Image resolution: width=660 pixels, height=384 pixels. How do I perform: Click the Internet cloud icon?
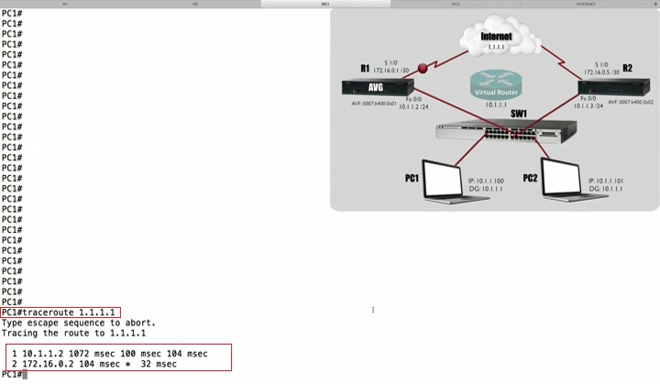tap(496, 40)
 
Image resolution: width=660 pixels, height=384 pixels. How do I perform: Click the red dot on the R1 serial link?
tap(423, 67)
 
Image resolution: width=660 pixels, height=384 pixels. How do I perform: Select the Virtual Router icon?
tap(494, 85)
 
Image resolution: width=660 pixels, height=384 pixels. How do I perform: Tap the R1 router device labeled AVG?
tap(375, 87)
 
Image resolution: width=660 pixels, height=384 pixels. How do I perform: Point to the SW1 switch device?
tap(496, 133)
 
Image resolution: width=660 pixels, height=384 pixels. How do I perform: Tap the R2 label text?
tap(627, 69)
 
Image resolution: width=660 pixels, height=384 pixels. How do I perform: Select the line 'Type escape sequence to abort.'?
tap(78, 323)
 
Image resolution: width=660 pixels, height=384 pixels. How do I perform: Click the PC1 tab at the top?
tap(325, 5)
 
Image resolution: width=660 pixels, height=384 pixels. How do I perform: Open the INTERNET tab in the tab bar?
tap(587, 5)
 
